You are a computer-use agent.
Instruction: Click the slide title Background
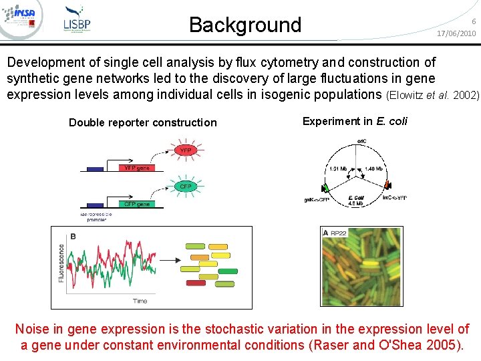[x=245, y=25]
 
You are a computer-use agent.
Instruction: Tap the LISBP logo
[x=77, y=19]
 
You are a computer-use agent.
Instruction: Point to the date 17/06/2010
[x=456, y=33]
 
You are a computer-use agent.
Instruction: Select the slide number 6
[x=473, y=21]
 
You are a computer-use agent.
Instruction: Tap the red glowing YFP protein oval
[x=185, y=150]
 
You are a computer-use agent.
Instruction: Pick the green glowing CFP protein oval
[x=185, y=187]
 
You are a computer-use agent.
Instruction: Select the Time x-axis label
[x=140, y=301]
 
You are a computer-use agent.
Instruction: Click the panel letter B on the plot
[x=72, y=236]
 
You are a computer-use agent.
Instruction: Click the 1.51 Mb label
[x=338, y=169]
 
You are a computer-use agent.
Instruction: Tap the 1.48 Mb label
[x=373, y=169]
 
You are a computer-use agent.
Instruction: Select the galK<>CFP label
[x=317, y=199]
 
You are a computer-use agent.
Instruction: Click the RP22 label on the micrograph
[x=338, y=233]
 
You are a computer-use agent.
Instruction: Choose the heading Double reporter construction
[x=143, y=122]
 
